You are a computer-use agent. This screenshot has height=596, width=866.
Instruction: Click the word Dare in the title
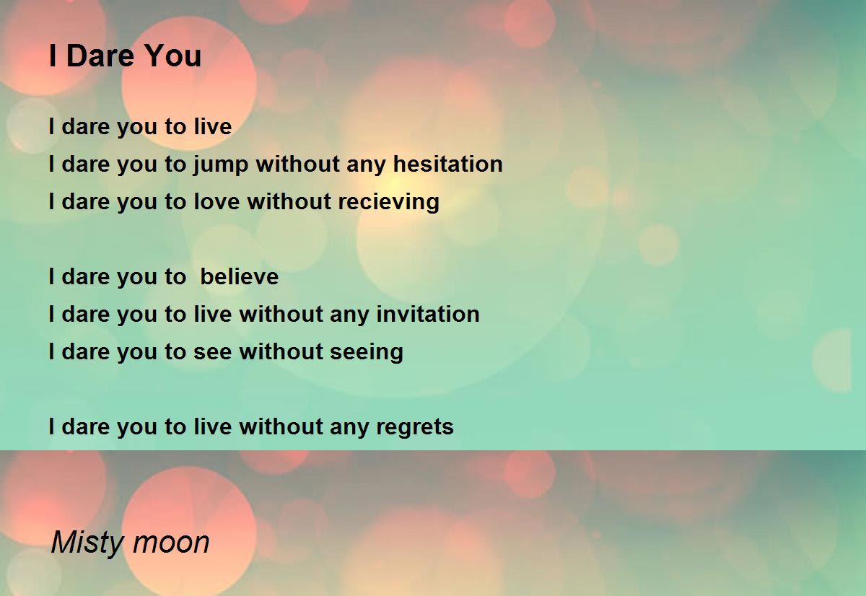pos(100,56)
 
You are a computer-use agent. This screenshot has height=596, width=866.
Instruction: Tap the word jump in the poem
pos(221,165)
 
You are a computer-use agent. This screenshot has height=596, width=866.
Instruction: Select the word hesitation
pos(447,164)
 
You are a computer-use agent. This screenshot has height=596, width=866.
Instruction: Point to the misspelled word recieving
pos(388,203)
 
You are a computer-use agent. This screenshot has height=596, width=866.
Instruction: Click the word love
pos(216,201)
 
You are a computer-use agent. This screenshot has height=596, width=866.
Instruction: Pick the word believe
pos(240,276)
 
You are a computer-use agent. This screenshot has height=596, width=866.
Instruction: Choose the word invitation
pos(427,314)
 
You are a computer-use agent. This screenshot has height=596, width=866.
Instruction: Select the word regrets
pos(415,427)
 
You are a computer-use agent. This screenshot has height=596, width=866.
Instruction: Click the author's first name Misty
pos(87,543)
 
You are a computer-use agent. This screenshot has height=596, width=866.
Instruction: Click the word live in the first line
pos(213,126)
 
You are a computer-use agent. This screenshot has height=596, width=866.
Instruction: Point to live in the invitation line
pos(213,314)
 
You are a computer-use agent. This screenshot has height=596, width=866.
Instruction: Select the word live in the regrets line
pos(213,426)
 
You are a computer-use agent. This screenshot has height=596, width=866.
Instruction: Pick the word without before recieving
pos(289,201)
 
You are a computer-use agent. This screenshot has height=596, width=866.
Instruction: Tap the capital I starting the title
pos(53,56)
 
